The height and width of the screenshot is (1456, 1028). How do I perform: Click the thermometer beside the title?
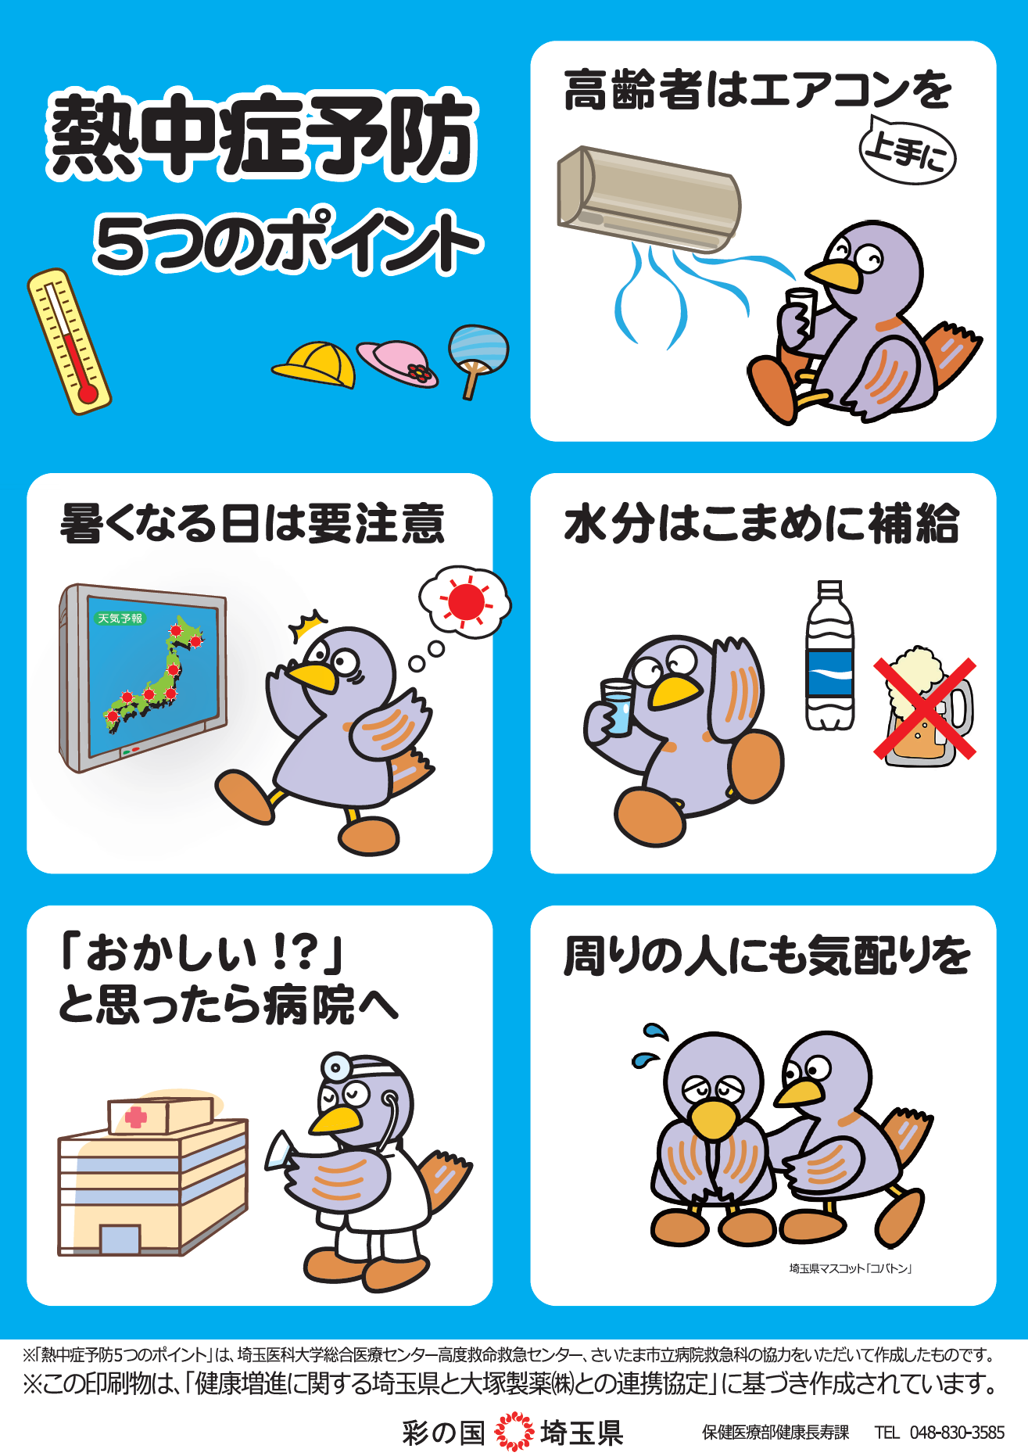pyautogui.click(x=69, y=341)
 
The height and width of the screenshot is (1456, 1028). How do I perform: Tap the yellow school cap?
pyautogui.click(x=316, y=363)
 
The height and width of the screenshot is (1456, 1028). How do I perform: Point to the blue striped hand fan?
pyautogui.click(x=478, y=349)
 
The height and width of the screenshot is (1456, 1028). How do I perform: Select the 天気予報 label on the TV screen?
pyautogui.click(x=120, y=619)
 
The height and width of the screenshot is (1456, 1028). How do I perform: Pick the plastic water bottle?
pyautogui.click(x=829, y=657)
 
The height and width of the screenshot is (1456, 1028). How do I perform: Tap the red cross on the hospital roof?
pyautogui.click(x=136, y=1117)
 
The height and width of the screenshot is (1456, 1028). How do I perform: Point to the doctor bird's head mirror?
pyautogui.click(x=337, y=1067)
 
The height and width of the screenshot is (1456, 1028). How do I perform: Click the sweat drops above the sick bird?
pyautogui.click(x=650, y=1045)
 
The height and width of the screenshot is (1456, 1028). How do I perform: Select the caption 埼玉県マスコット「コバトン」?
pyautogui.click(x=851, y=1269)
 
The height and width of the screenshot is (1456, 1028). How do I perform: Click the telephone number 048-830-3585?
pyautogui.click(x=957, y=1433)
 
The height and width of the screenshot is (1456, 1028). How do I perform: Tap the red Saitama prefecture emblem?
pyautogui.click(x=513, y=1432)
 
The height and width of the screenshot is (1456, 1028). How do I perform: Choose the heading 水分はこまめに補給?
pyautogui.click(x=761, y=524)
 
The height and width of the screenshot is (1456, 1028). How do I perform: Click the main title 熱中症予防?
pyautogui.click(x=262, y=134)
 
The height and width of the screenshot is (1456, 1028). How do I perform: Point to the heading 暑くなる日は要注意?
pyautogui.click(x=252, y=524)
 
